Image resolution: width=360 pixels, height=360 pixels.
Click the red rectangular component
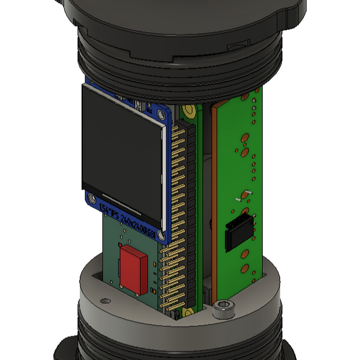point(133,269)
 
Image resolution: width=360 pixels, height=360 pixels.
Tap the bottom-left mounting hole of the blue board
point(91,198)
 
